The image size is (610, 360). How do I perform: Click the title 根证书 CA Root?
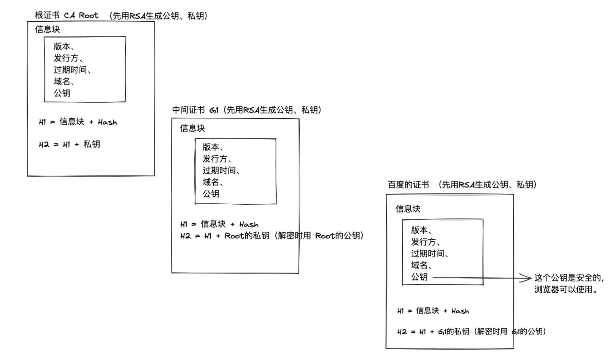(66, 15)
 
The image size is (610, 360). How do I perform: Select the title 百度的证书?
(408, 185)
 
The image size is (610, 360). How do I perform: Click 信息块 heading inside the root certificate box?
(47, 29)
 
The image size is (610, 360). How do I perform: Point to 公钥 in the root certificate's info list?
(62, 93)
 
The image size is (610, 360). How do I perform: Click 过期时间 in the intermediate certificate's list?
(219, 170)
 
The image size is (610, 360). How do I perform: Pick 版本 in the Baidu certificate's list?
(419, 230)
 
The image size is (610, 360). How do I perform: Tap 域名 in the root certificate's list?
(62, 81)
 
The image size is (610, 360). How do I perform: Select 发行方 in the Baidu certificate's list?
(423, 242)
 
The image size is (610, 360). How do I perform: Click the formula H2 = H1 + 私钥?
(69, 144)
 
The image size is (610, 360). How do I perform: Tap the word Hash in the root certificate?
(107, 122)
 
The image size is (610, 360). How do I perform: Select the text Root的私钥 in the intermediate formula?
(247, 236)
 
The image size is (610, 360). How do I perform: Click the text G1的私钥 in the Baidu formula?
(454, 332)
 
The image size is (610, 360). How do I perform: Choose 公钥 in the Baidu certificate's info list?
(419, 277)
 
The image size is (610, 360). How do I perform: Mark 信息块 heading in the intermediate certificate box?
(192, 128)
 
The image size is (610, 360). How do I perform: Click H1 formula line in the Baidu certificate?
(433, 311)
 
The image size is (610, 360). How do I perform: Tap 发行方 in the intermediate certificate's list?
(215, 159)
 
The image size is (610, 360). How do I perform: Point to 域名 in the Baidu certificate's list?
(419, 265)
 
